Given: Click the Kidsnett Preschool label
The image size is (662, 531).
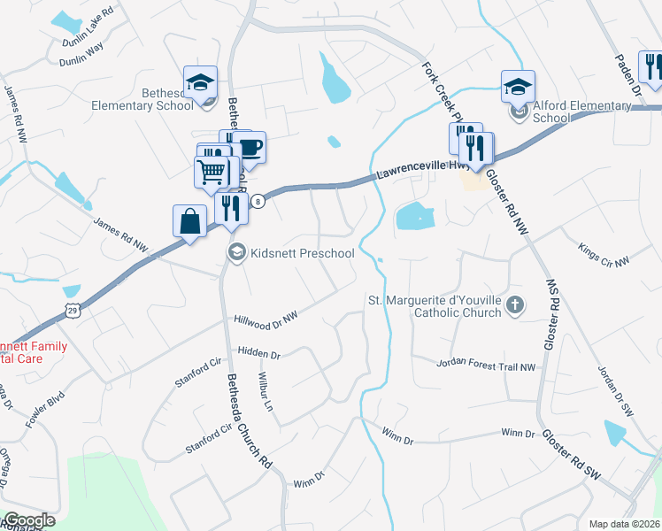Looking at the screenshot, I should coord(303,254).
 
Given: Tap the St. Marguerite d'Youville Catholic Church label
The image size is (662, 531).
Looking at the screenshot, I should coord(435,306).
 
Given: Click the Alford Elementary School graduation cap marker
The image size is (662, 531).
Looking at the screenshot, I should coord(518,86).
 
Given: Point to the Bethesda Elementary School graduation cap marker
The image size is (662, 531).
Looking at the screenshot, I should coord(200,82).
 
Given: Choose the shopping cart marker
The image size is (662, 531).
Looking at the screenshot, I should coord(212,170).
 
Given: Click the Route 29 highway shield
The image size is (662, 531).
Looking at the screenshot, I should coord(72,308).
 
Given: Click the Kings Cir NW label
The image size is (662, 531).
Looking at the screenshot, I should coord(604,255).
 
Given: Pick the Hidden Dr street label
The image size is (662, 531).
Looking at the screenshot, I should coord(258,354).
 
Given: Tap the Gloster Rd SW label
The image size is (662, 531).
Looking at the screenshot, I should coord(572,455).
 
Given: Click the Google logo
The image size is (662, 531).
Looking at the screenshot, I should coord(28,520).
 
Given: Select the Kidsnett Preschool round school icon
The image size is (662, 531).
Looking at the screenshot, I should coord(236,254).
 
